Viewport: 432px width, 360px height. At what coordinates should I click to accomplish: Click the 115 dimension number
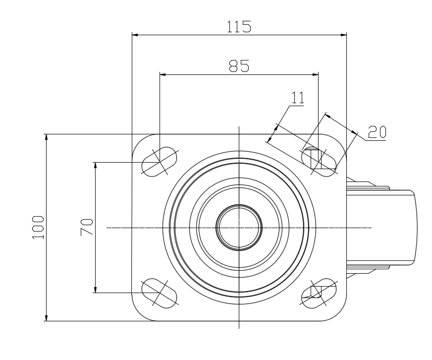(239, 26)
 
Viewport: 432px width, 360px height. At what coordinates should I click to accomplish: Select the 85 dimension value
(239, 66)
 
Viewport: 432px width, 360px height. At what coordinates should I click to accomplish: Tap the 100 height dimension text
(38, 228)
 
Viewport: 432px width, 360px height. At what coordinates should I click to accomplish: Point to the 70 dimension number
(86, 227)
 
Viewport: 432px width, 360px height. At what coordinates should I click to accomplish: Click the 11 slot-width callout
(297, 97)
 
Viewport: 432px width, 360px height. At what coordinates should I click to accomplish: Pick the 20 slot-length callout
(377, 131)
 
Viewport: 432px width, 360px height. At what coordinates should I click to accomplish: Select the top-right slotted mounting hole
(319, 160)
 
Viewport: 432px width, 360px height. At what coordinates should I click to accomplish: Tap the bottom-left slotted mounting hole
(159, 292)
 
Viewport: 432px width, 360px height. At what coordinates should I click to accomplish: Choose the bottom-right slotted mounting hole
(319, 292)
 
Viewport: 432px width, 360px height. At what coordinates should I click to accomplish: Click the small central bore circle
(239, 228)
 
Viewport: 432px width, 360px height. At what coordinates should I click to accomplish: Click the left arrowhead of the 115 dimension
(135, 35)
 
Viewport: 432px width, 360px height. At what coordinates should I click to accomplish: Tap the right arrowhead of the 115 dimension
(343, 35)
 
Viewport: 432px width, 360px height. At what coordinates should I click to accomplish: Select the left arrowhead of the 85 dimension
(162, 75)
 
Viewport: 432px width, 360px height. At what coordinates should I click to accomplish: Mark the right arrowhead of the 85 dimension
(315, 75)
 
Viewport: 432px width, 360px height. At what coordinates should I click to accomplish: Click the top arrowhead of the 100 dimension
(47, 137)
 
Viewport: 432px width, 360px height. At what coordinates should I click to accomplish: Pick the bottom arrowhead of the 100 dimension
(47, 317)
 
